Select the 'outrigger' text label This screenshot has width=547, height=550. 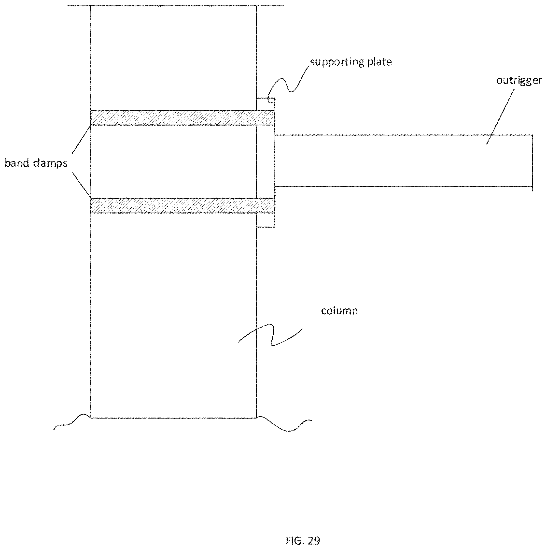519,81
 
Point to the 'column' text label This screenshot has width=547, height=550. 339,311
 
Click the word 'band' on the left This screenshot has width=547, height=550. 17,163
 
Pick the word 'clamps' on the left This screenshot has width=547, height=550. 50,163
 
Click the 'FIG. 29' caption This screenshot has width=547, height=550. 303,540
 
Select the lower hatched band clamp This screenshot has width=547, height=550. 182,205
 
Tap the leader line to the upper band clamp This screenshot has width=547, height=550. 81,140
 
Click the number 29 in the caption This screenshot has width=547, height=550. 313,540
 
